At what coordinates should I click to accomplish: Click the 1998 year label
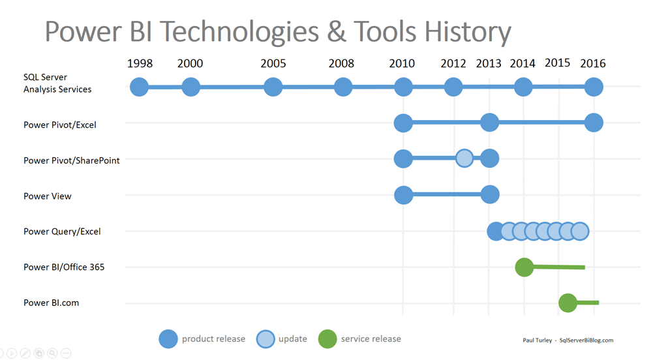coord(140,63)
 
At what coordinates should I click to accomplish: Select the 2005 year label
coord(273,63)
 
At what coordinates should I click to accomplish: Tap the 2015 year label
coord(557,63)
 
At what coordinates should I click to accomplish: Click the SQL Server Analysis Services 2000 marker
coord(190,87)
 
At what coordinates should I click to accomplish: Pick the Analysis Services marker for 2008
coord(343,87)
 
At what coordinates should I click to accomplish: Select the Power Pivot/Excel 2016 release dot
coord(593,122)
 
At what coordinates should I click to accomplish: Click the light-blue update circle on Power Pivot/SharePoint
coord(464,158)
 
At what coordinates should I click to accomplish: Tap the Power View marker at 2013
coord(489,194)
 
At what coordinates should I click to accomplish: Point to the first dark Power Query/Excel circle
coord(496,231)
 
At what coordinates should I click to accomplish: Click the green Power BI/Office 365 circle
coord(524,267)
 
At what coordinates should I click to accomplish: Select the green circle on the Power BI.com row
coord(568,303)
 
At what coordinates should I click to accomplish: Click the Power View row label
coord(48,196)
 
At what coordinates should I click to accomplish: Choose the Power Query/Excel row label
coord(62,232)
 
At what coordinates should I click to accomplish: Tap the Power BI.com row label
coord(52,303)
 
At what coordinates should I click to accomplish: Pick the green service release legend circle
coord(327,339)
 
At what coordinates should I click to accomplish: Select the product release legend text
coord(213,339)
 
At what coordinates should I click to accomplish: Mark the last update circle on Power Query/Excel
coord(579,231)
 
